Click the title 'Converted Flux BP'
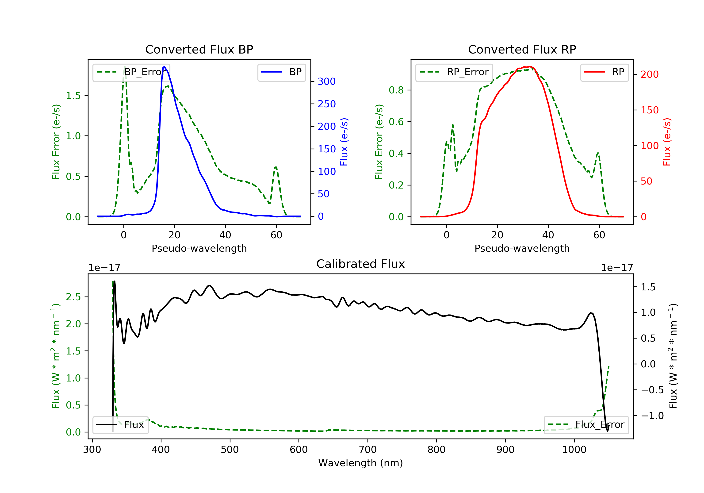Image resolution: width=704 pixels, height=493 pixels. point(199,49)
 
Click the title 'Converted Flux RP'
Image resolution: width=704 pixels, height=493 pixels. point(522,49)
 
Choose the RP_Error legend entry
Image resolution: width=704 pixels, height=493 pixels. point(454,72)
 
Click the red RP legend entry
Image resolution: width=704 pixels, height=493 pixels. point(604,72)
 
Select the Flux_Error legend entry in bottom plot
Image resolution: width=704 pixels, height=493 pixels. point(586,425)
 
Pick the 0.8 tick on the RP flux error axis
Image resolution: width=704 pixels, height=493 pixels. point(396,90)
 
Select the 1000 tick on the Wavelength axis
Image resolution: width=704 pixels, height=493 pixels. point(574,450)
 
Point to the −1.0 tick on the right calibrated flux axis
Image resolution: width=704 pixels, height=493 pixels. point(652,416)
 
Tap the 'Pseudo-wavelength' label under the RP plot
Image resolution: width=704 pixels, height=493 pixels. point(522,248)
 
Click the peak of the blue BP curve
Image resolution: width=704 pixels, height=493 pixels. point(164,67)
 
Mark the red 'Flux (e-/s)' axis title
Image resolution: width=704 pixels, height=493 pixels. point(667,142)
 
